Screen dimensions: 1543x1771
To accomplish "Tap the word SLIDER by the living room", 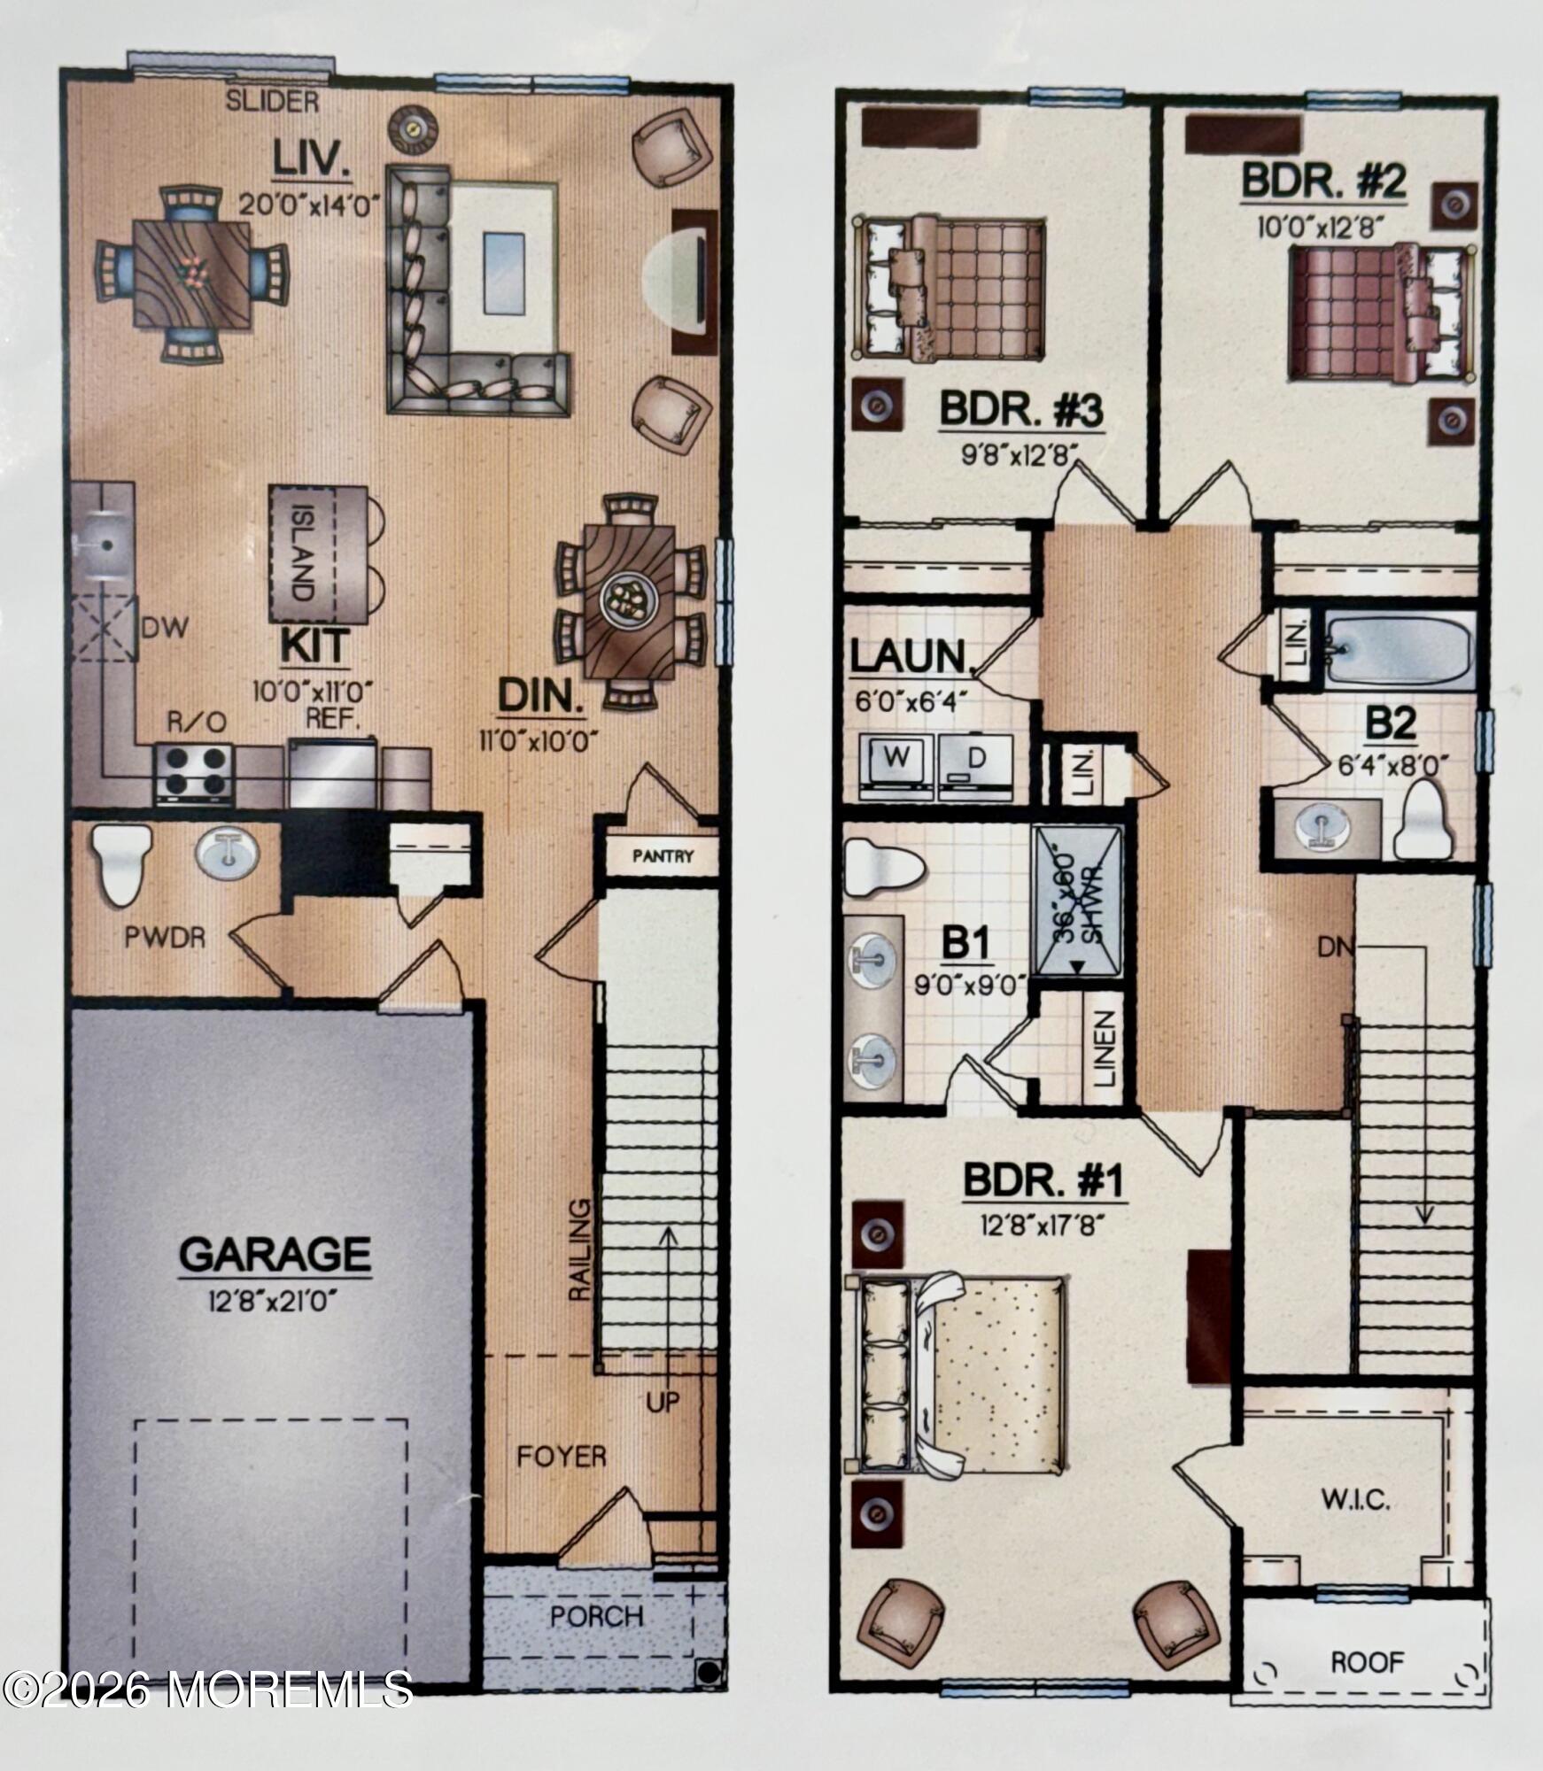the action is [272, 102].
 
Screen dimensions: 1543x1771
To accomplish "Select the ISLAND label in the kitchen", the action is [302, 553].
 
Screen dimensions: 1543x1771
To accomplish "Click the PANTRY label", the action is [663, 856].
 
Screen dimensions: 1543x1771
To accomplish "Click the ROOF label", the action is [1368, 1662].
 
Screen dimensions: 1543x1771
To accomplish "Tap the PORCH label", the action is [596, 1616].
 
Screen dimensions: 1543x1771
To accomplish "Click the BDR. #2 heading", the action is [1323, 182].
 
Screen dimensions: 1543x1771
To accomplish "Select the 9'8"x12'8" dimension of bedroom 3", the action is [1019, 454].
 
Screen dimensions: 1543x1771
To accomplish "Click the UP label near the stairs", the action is [663, 1402].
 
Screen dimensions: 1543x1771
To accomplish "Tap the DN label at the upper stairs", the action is [1337, 947].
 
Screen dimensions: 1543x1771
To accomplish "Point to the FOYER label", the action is [562, 1457].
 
